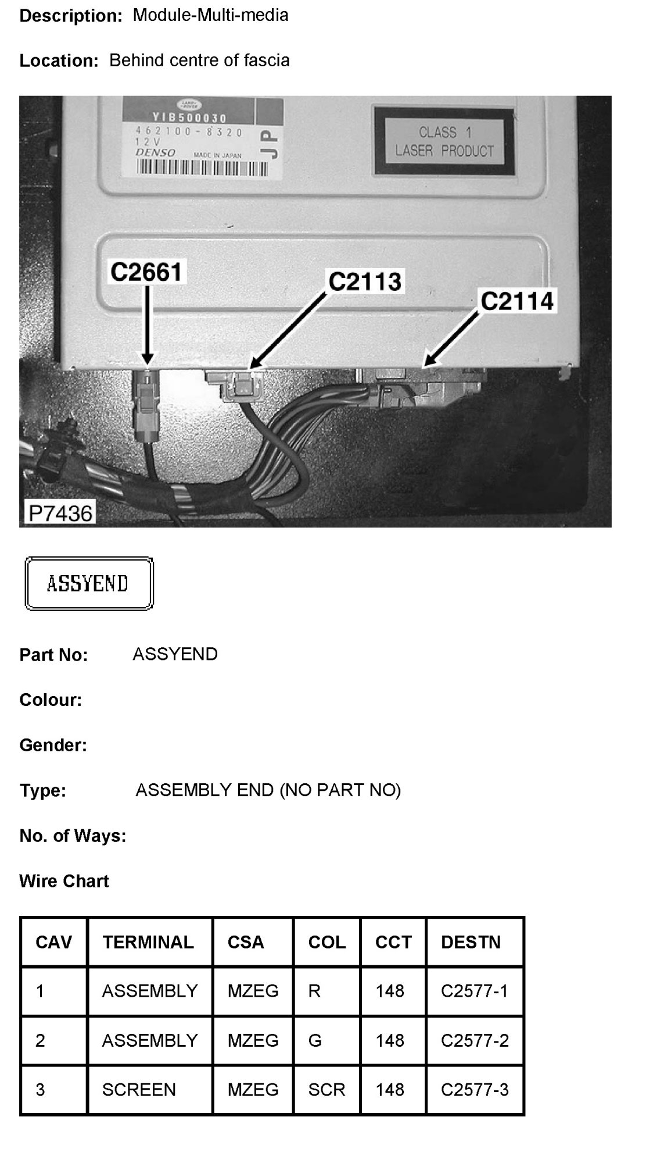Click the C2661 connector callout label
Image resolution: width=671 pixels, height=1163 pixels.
[x=146, y=272]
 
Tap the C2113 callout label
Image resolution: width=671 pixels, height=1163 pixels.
[x=365, y=281]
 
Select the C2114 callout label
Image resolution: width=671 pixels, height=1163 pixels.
[x=517, y=301]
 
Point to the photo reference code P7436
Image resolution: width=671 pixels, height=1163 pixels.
[x=60, y=513]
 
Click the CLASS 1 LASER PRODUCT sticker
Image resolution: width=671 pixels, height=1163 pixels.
[x=444, y=141]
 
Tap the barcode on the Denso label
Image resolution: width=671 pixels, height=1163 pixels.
[x=202, y=168]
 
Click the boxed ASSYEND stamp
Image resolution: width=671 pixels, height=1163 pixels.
[x=88, y=583]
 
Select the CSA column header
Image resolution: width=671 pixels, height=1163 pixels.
[x=246, y=942]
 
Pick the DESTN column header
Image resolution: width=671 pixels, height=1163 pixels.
[x=471, y=942]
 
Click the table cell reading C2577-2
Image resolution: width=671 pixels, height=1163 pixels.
[x=475, y=1040]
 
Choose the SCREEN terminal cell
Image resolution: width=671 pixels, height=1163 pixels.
[x=139, y=1089]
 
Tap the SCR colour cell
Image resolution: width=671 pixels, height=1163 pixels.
[x=326, y=1089]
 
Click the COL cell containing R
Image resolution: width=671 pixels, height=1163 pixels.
[x=314, y=991]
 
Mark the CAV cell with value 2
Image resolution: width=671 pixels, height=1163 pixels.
[x=40, y=1040]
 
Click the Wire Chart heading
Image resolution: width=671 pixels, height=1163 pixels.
[x=64, y=881]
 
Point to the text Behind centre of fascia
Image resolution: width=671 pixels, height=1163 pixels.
[x=199, y=60]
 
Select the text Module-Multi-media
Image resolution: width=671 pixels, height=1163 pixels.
[x=210, y=15]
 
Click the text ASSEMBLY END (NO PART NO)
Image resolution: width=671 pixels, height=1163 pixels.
[x=268, y=790]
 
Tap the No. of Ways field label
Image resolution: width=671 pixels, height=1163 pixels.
[x=73, y=836]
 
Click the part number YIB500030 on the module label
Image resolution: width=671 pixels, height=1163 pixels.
[x=189, y=119]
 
